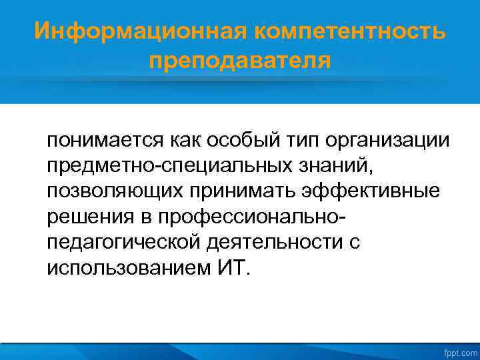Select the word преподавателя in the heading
(x=240, y=61)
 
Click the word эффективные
(x=377, y=191)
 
